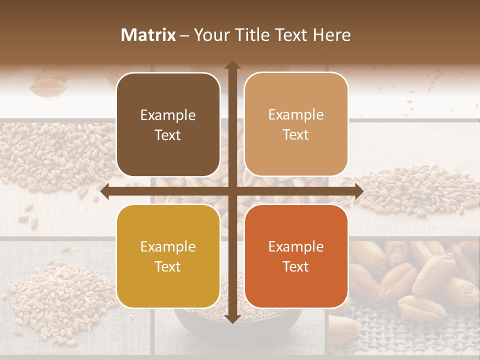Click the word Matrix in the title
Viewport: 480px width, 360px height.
pyautogui.click(x=148, y=35)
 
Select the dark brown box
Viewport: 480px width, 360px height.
pyautogui.click(x=168, y=124)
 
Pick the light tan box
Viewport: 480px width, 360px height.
pyautogui.click(x=296, y=124)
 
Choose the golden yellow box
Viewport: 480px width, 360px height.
pyautogui.click(x=168, y=256)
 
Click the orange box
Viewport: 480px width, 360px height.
pyautogui.click(x=296, y=256)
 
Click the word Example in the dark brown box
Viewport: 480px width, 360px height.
pyautogui.click(x=168, y=115)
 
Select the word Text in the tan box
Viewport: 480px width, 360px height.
pyautogui.click(x=296, y=135)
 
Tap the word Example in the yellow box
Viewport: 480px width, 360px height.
pyautogui.click(x=168, y=247)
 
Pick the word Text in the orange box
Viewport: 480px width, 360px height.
pyautogui.click(x=296, y=266)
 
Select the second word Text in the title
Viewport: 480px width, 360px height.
pyautogui.click(x=290, y=35)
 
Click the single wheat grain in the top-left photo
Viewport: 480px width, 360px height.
pyautogui.click(x=48, y=84)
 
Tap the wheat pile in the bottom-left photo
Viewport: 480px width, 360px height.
pyautogui.click(x=55, y=295)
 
